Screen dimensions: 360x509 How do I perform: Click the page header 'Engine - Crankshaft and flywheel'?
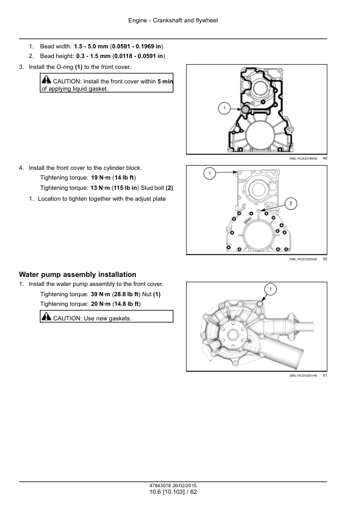pos(173,21)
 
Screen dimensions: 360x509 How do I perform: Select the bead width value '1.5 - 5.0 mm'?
pos(91,47)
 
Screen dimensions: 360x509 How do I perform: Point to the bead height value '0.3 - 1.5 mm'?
pos(94,56)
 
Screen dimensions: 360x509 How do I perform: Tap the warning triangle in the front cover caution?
pos(47,79)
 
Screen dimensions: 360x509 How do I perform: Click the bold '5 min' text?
pos(166,82)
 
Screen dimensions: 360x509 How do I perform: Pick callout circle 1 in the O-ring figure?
pos(224,108)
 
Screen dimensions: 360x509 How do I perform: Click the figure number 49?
pos(325,158)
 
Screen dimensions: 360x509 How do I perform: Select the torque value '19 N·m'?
pos(101,178)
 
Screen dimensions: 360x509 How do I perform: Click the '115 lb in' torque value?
pos(125,188)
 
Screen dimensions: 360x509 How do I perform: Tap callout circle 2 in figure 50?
pos(291,204)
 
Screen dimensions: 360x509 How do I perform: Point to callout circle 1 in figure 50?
pos(210,173)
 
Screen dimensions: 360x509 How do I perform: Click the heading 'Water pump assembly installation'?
pos(77,274)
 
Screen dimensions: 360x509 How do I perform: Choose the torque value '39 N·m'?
pos(100,294)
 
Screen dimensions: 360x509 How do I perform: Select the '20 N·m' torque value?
pos(101,304)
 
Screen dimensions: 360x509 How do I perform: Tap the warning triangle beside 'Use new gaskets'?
pos(47,316)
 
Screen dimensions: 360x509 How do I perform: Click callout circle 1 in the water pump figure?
pos(271,289)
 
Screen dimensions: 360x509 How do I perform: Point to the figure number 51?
pos(325,375)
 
